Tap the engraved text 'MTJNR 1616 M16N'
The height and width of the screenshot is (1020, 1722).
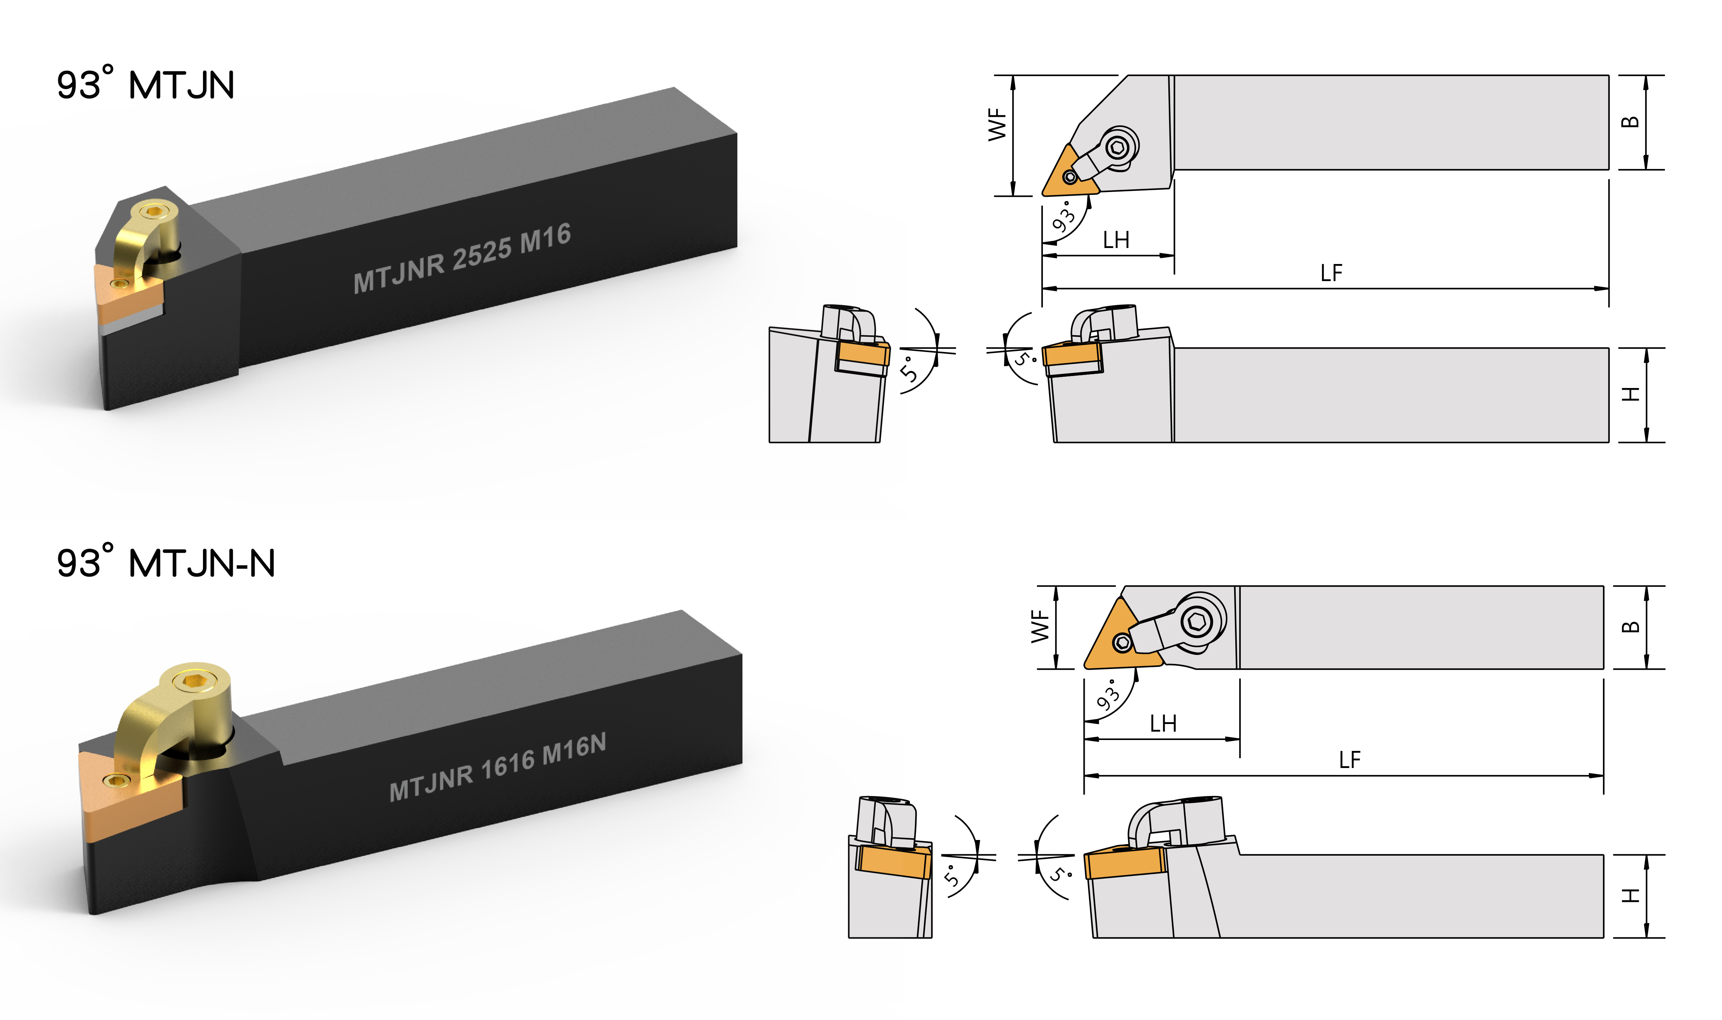pos(498,767)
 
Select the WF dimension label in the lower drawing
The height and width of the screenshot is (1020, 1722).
pos(1040,626)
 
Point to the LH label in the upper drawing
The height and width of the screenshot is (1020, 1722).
pos(1116,240)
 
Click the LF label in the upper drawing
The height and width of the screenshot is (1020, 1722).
pos(1331,273)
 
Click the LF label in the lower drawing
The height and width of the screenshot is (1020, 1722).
pos(1350,760)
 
